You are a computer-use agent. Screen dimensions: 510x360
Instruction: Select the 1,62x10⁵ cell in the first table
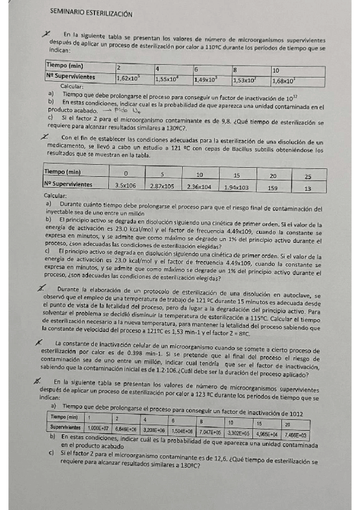coord(129,78)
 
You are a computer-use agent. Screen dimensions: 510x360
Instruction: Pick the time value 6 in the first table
coord(196,69)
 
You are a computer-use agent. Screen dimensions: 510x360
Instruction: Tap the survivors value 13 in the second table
coord(308,188)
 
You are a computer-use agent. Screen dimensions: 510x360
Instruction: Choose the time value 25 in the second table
coord(308,176)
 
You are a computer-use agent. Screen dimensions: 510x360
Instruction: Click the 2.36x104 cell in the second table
coord(199,186)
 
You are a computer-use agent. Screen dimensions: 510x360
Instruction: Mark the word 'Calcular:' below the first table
coord(67,88)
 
